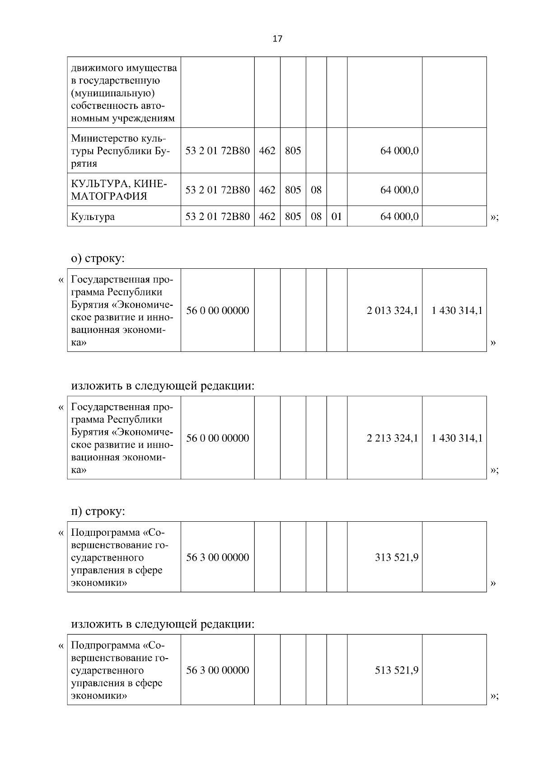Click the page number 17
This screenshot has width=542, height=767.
(x=277, y=39)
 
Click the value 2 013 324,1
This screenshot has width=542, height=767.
(x=392, y=310)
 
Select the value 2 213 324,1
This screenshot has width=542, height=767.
(x=392, y=438)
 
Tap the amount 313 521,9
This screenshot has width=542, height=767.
(x=397, y=557)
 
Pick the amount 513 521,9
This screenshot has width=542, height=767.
(x=397, y=670)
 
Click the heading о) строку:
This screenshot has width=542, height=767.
(x=98, y=258)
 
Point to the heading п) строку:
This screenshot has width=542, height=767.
(x=98, y=511)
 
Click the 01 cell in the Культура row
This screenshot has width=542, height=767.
(x=336, y=216)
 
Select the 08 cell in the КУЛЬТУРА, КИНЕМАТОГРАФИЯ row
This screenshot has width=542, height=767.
(x=316, y=190)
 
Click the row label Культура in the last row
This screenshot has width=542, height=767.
(x=93, y=216)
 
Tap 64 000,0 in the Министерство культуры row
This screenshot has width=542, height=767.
(x=399, y=151)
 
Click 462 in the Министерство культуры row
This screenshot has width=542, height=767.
(x=267, y=151)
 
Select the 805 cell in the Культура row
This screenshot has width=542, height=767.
(x=293, y=216)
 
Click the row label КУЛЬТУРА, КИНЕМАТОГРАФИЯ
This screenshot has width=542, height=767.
(x=119, y=190)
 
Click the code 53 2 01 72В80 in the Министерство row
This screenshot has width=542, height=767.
(x=217, y=151)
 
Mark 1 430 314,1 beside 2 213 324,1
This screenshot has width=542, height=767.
(x=457, y=438)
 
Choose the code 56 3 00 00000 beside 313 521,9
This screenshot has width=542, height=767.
(x=217, y=557)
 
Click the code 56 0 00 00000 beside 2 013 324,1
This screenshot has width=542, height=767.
(x=217, y=310)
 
